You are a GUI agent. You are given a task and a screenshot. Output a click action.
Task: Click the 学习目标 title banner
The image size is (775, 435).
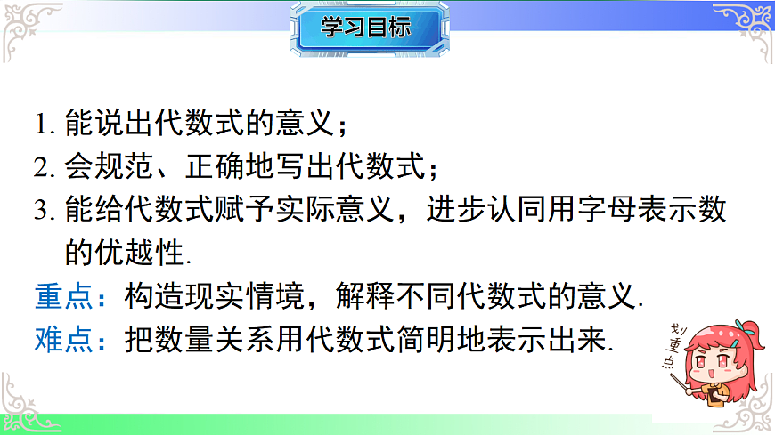coord(367,28)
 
